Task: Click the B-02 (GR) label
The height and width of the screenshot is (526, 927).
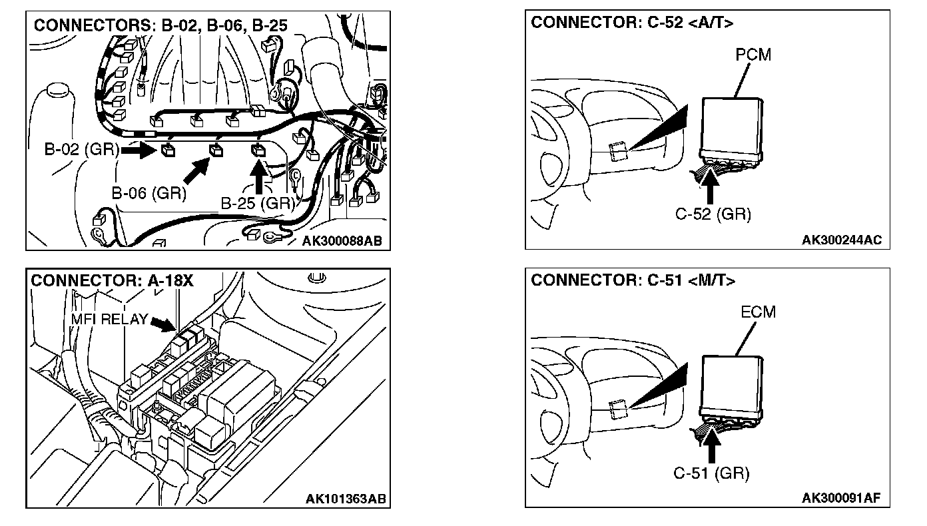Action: coord(81,149)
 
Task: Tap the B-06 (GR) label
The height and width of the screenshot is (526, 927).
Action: coord(149,194)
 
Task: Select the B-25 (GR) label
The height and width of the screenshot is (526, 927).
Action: coord(258,204)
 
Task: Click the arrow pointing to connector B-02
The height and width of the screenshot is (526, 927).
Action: coord(139,150)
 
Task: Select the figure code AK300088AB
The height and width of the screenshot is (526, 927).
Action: coord(342,240)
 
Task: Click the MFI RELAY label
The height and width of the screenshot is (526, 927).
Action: coord(109,319)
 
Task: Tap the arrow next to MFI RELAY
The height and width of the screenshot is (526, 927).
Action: coord(164,325)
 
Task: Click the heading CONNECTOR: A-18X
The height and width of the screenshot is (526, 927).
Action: coord(112,280)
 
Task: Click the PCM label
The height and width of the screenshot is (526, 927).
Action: coord(753,55)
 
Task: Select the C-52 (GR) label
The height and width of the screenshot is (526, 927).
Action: coord(713,214)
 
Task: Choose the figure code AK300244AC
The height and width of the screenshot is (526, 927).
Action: coord(842,240)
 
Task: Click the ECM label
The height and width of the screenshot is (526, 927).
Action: coord(758,312)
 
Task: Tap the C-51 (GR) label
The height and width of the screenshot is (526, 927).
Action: coord(711,473)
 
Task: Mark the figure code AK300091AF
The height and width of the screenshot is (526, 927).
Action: coord(842,499)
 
